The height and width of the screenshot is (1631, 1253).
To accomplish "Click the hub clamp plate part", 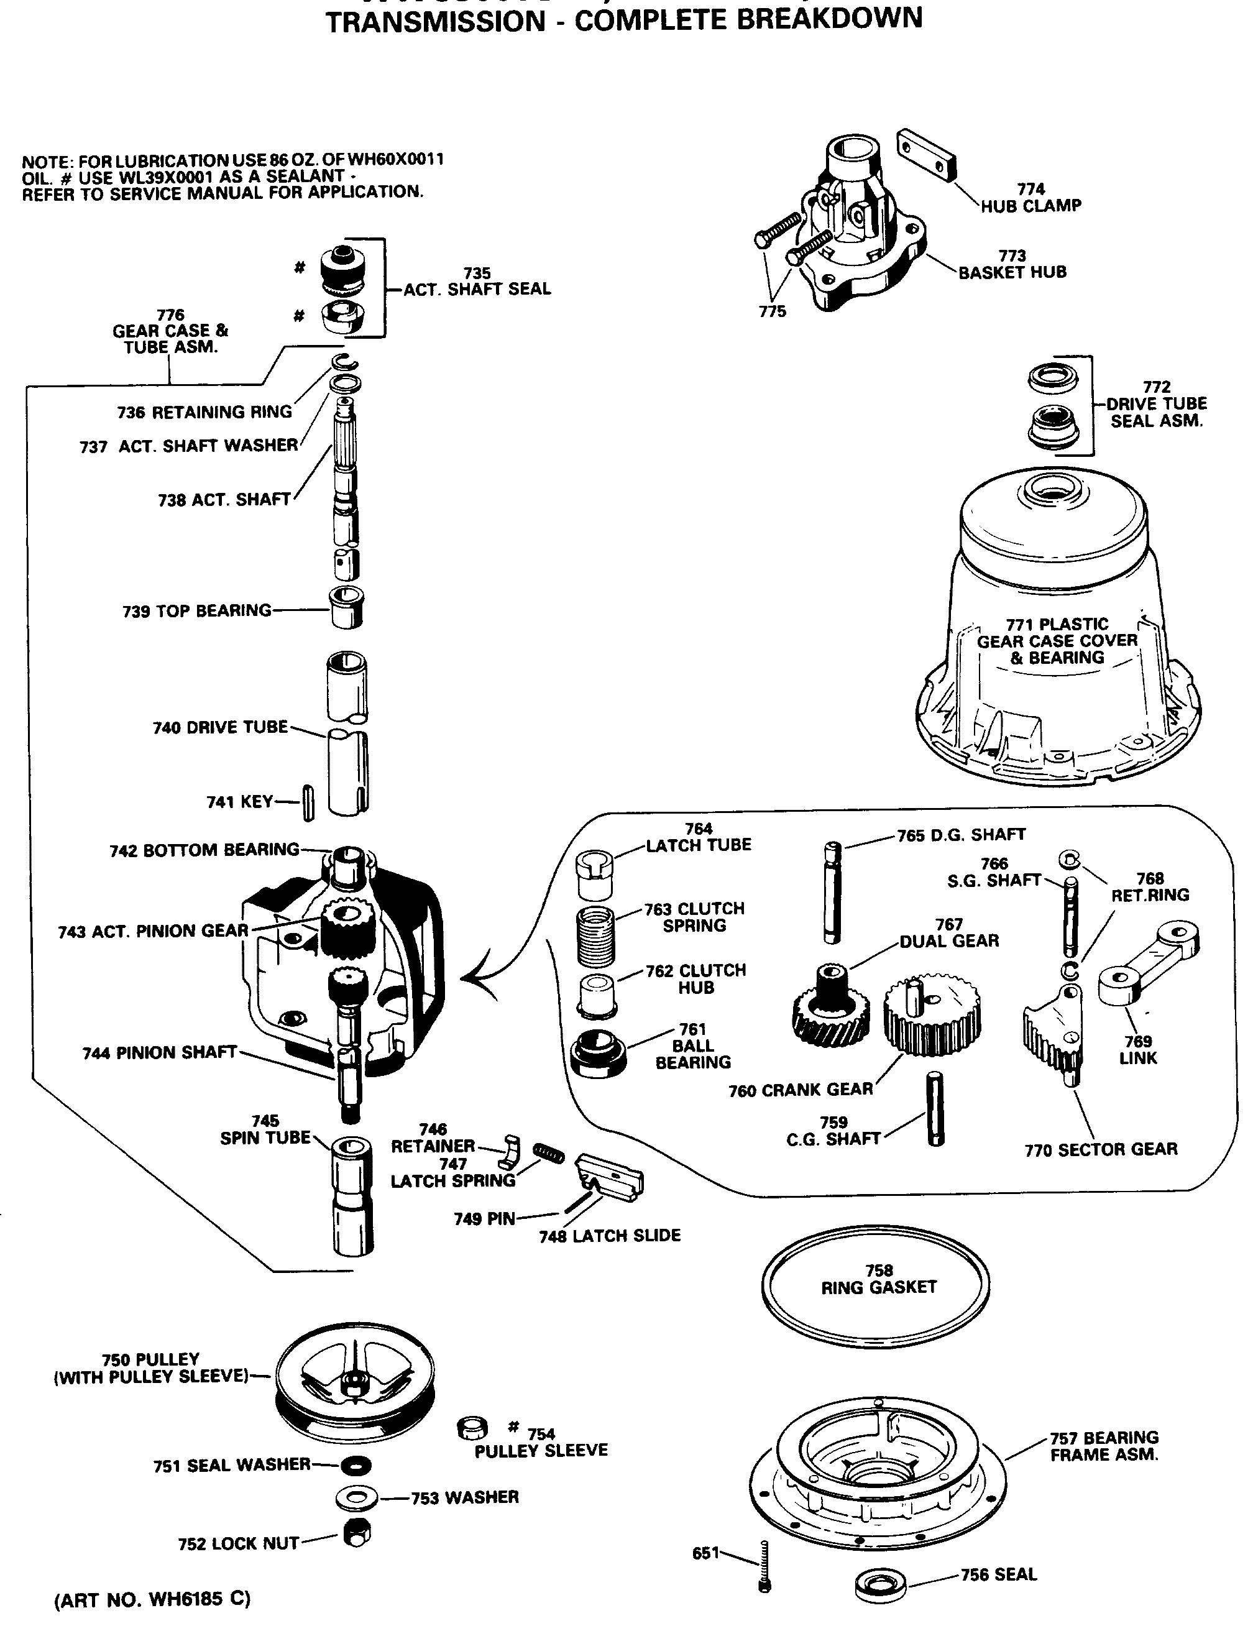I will click(x=927, y=154).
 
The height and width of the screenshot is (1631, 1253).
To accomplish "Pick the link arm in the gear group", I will click(x=1149, y=962).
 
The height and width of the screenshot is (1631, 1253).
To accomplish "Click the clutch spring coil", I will click(x=596, y=937).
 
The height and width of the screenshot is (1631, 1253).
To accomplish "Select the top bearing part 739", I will click(x=347, y=607).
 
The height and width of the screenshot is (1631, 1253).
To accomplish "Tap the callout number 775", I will click(x=773, y=312).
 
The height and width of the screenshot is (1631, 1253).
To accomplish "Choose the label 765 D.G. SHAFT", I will click(x=961, y=835).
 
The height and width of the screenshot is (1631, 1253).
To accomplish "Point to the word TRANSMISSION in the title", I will click(x=436, y=21).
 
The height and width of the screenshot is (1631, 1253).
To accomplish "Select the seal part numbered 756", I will click(x=880, y=1584).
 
